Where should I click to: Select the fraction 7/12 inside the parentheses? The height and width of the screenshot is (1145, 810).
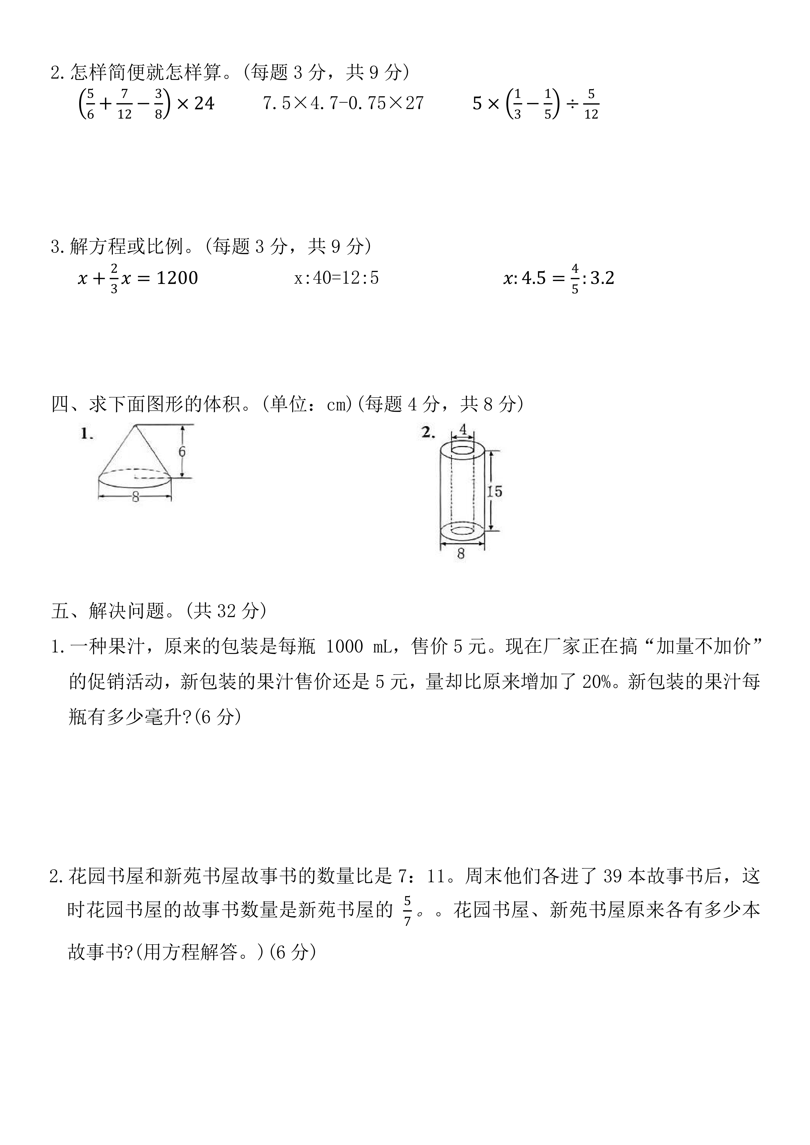[124, 104]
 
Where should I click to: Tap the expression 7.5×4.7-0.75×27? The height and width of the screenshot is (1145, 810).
[343, 103]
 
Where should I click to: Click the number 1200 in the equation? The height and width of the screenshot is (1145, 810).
[177, 278]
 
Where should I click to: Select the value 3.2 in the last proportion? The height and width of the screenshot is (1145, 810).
[602, 278]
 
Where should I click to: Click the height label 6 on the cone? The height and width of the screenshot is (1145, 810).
[182, 451]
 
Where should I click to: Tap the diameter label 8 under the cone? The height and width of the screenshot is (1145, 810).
[135, 497]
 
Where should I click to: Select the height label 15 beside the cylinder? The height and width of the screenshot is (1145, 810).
[494, 491]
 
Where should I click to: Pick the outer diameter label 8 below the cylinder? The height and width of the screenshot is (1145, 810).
[461, 553]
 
